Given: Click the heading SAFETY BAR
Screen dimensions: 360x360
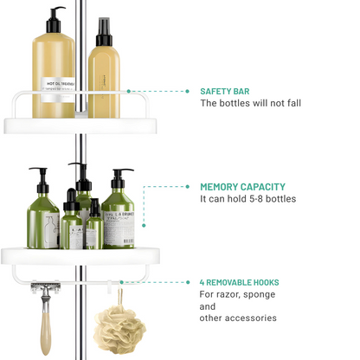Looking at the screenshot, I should (228, 90).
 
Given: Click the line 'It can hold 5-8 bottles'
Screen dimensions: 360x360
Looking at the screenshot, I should (247, 199).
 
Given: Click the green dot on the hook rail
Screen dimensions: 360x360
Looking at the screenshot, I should (121, 282).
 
